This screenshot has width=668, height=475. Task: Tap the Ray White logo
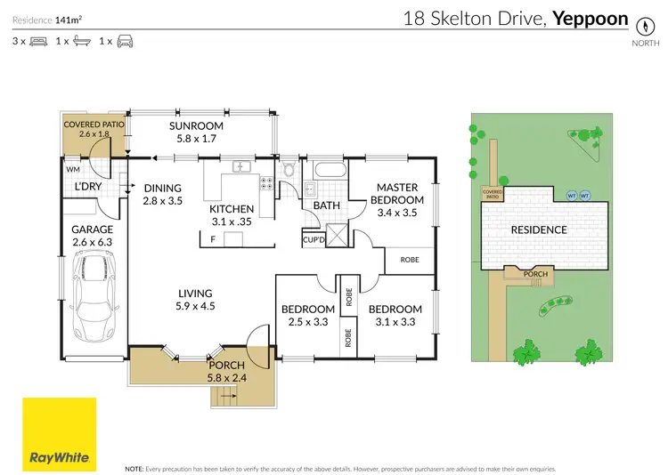[60, 433]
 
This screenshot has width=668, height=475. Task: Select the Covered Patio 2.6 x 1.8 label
[95, 129]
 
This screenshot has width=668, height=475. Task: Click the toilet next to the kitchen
[288, 171]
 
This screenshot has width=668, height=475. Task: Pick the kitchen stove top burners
[265, 184]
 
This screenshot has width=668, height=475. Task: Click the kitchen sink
[240, 166]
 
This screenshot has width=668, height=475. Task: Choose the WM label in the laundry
[73, 168]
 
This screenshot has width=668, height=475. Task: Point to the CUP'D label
[314, 239]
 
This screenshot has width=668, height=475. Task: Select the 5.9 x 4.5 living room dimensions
[195, 306]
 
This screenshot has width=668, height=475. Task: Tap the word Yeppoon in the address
[591, 18]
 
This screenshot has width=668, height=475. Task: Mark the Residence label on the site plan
[538, 229]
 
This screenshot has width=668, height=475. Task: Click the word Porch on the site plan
[535, 274]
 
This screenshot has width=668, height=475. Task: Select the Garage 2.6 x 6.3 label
[93, 235]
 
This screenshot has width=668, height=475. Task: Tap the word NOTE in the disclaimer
[134, 467]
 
